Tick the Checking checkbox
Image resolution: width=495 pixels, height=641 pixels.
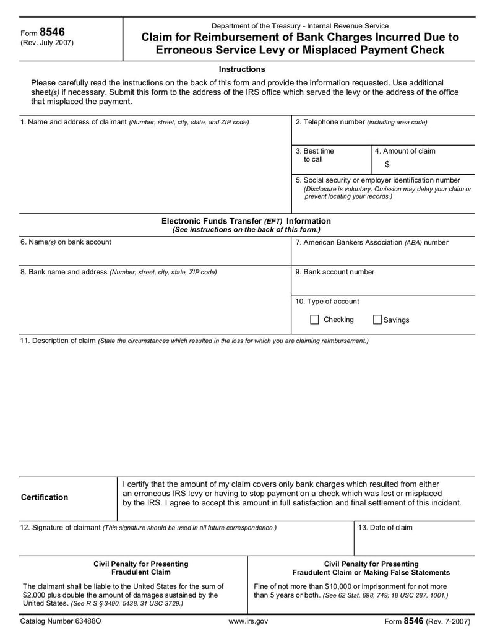(314, 320)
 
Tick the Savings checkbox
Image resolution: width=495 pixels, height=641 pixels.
(377, 320)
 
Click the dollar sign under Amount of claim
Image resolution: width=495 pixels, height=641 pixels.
(387, 164)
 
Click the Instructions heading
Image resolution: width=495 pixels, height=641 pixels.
(242, 69)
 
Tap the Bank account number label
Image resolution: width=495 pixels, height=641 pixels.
(335, 271)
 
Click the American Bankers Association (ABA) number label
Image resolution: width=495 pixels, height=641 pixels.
(372, 242)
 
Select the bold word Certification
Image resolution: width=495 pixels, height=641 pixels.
(45, 497)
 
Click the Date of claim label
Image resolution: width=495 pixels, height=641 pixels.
(385, 528)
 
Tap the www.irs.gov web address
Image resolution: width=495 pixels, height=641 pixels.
(248, 621)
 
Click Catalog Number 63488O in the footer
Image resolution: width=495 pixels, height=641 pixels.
(61, 621)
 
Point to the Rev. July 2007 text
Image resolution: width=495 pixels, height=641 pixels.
(47, 43)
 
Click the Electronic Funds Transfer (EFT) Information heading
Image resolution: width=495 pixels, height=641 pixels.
(246, 221)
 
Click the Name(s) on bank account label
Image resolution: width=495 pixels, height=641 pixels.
(66, 242)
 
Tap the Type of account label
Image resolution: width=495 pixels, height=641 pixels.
(327, 302)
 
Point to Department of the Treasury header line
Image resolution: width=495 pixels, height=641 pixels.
(299, 25)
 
